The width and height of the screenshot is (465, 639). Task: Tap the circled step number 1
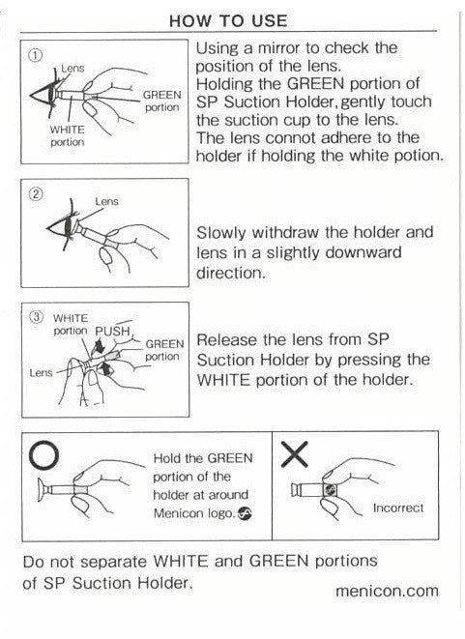tap(36, 54)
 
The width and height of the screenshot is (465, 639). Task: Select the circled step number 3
tap(38, 316)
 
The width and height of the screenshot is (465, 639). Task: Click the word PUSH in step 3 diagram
tap(112, 331)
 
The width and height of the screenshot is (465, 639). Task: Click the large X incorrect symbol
tap(296, 450)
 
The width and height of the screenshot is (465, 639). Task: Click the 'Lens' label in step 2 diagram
tap(106, 202)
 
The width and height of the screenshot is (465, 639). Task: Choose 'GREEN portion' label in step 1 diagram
tap(161, 102)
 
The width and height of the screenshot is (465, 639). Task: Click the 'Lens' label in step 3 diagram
tap(41, 371)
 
